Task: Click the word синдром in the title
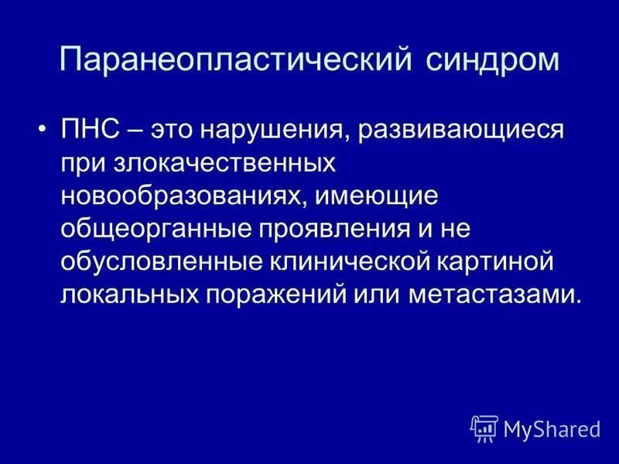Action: pos(493,61)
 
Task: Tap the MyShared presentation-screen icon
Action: pos(484,428)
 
